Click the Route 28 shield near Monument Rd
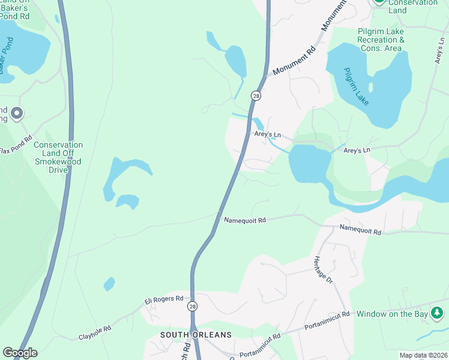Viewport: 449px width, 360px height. (256, 96)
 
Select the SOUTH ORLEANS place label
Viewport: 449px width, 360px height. (196, 334)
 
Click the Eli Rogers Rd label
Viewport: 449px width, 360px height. (163, 298)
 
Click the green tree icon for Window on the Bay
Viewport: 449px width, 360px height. (438, 313)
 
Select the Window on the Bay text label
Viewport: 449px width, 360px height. (392, 314)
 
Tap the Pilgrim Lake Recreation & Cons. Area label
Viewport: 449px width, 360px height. (381, 40)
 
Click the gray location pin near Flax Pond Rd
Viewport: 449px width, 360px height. (17, 113)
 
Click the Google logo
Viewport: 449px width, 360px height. (20, 352)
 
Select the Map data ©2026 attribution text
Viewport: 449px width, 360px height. (423, 355)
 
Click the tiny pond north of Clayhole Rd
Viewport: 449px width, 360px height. (109, 283)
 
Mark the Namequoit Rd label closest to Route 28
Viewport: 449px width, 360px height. (244, 221)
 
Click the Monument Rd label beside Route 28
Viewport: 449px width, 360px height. (294, 62)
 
